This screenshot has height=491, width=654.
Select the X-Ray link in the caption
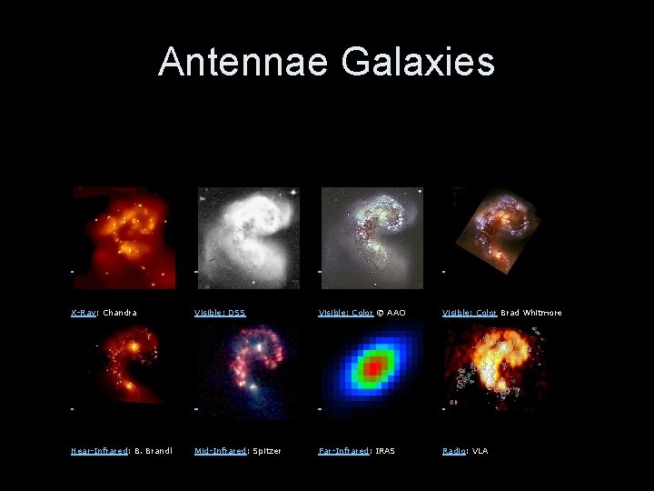(84, 313)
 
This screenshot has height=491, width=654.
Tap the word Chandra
(120, 313)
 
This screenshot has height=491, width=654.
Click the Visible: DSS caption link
(220, 313)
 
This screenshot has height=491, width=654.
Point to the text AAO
(396, 313)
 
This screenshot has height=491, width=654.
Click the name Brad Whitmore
(530, 313)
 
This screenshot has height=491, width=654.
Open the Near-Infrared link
(100, 451)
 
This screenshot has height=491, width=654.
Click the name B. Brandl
(147, 451)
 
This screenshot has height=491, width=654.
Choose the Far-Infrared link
(343, 451)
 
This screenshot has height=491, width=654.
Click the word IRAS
(384, 451)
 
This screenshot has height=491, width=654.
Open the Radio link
(453, 451)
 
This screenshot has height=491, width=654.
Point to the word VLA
(480, 451)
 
